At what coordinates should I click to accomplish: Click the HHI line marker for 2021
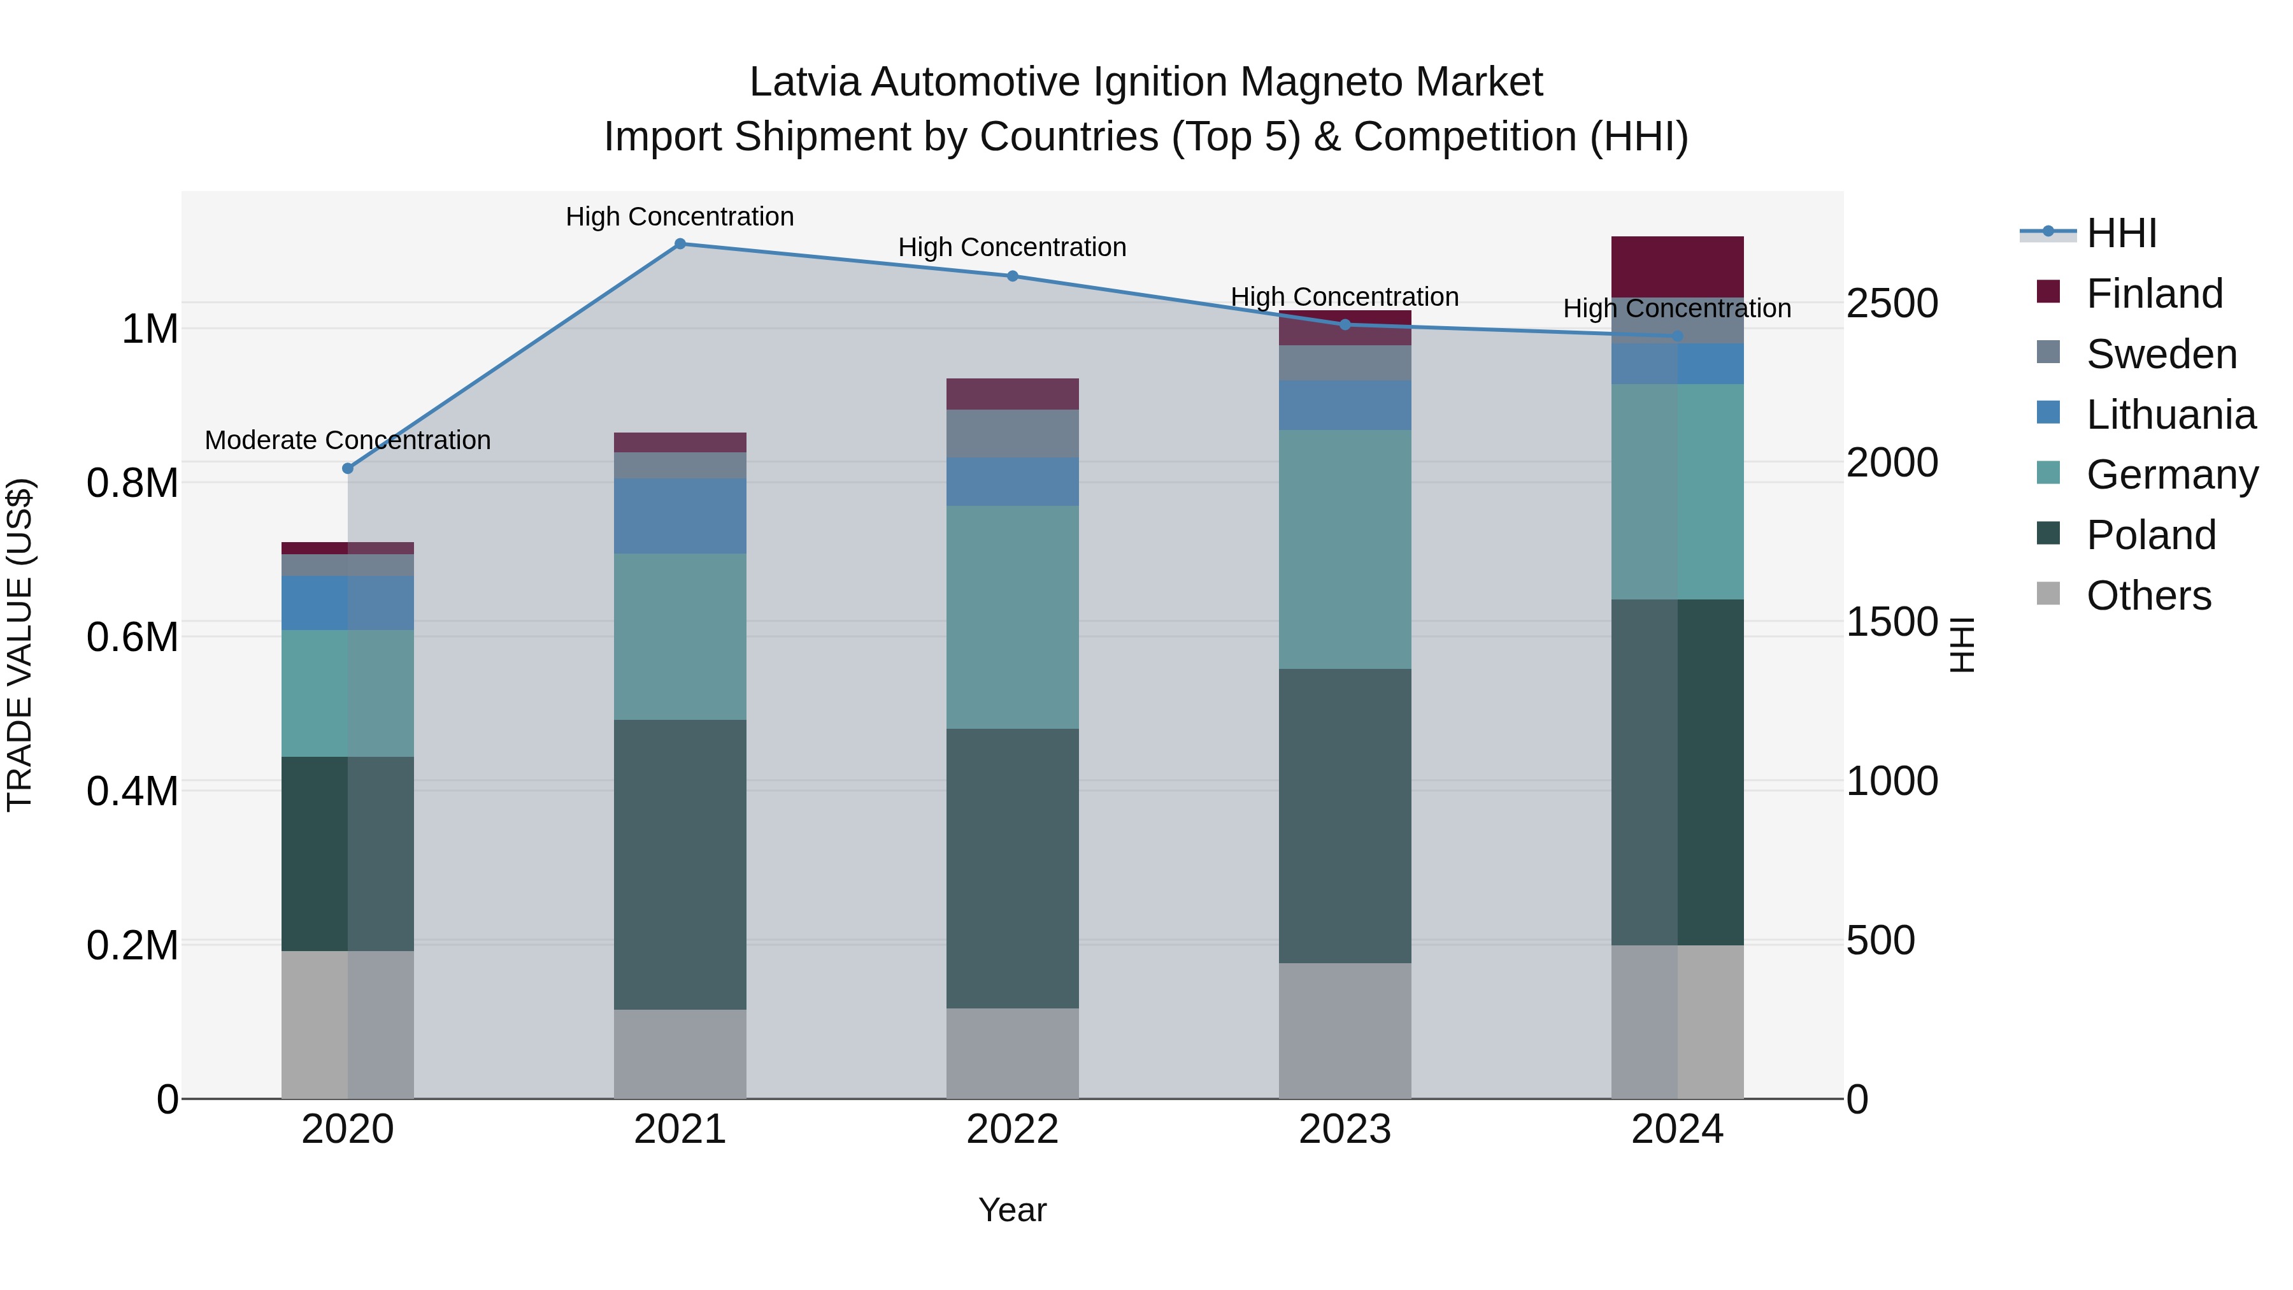pyautogui.click(x=680, y=244)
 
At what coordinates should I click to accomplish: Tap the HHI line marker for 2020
pyautogui.click(x=348, y=468)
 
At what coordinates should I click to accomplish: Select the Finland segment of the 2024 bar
pyautogui.click(x=1677, y=266)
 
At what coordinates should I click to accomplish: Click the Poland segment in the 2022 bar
pyautogui.click(x=1012, y=868)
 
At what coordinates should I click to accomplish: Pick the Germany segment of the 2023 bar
pyautogui.click(x=1345, y=549)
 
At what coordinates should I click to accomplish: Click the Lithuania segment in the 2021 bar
pyautogui.click(x=680, y=517)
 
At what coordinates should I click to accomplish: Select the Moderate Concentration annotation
pyautogui.click(x=348, y=440)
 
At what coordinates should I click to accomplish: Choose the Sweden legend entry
pyautogui.click(x=2161, y=354)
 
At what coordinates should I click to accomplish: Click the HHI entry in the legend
pyautogui.click(x=2121, y=233)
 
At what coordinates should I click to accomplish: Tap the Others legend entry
pyautogui.click(x=2148, y=596)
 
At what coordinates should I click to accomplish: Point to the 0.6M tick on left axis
pyautogui.click(x=132, y=638)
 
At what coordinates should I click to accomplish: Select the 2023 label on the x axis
pyautogui.click(x=1345, y=1129)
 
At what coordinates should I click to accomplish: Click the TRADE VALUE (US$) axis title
pyautogui.click(x=20, y=645)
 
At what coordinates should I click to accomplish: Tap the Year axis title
pyautogui.click(x=1012, y=1210)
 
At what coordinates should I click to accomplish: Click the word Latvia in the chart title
pyautogui.click(x=804, y=82)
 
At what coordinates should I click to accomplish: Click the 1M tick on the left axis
pyautogui.click(x=150, y=329)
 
